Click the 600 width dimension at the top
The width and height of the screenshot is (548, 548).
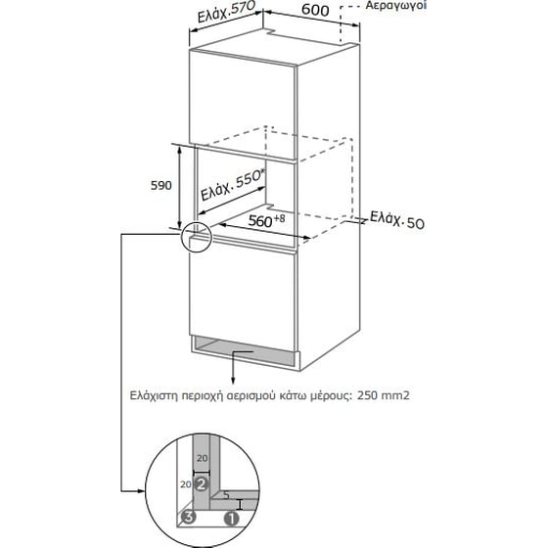click(x=315, y=10)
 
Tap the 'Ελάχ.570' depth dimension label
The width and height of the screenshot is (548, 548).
click(x=227, y=11)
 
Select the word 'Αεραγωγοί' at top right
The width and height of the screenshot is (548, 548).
click(x=396, y=5)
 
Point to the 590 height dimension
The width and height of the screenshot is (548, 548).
click(x=161, y=185)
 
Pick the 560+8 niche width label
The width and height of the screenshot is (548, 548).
click(x=266, y=220)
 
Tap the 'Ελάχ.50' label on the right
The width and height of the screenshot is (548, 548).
click(x=397, y=220)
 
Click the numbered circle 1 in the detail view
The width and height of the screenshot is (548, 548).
click(x=232, y=519)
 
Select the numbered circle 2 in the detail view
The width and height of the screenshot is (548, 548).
click(x=202, y=484)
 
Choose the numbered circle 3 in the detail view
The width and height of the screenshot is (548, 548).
click(x=188, y=517)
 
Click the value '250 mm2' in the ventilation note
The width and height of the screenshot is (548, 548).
click(x=383, y=395)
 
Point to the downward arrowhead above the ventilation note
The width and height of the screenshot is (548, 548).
click(x=233, y=381)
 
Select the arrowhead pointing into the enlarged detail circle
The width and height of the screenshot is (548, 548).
click(x=141, y=491)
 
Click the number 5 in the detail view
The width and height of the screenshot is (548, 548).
click(x=226, y=495)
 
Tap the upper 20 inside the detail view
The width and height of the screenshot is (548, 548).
click(x=203, y=458)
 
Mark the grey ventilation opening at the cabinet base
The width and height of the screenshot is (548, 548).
click(x=245, y=352)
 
